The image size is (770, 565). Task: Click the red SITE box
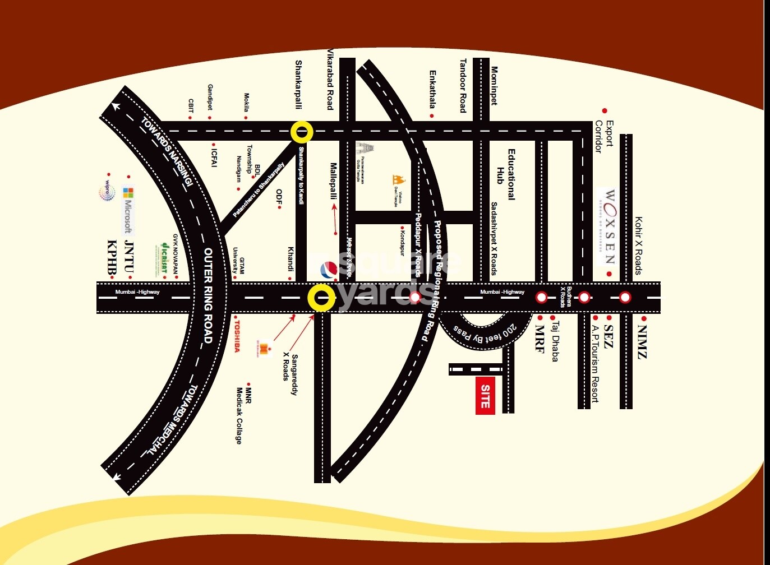click(x=485, y=396)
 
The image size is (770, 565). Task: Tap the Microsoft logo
click(x=128, y=210)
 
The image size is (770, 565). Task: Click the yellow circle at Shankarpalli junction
click(x=302, y=132)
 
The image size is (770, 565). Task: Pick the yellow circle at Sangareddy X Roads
click(x=322, y=297)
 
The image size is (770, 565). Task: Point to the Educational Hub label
click(x=505, y=174)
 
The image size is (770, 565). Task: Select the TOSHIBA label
click(x=237, y=336)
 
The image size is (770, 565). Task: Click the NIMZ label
click(x=642, y=341)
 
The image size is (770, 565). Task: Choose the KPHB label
click(x=112, y=257)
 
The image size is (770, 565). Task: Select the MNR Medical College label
click(x=243, y=415)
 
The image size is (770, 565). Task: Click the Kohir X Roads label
click(x=638, y=246)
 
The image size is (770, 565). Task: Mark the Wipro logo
click(x=106, y=190)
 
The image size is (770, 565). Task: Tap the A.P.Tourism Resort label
click(x=595, y=364)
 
